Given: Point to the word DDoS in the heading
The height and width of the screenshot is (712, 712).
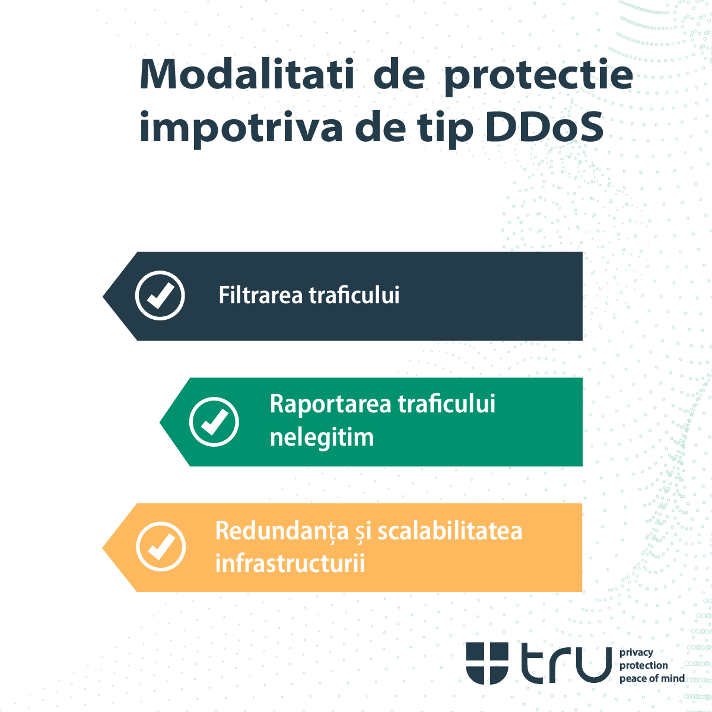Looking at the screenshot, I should click(544, 127).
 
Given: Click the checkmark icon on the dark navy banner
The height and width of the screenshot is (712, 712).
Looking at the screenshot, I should click(160, 295).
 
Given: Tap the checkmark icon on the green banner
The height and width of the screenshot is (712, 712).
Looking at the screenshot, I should click(214, 422).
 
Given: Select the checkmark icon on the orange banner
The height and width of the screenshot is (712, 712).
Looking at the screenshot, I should click(161, 546).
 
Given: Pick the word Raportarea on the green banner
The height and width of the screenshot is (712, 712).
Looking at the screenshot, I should click(330, 405).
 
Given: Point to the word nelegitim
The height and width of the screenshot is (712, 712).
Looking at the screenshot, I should click(322, 438).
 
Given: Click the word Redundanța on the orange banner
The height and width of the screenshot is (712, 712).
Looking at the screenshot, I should click(282, 531).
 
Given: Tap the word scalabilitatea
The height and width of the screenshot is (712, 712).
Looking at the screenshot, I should click(450, 530).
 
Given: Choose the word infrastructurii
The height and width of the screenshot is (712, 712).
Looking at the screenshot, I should click(290, 563).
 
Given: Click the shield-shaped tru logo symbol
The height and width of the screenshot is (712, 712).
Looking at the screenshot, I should click(487, 663).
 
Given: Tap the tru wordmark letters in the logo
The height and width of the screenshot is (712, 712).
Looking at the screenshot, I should click(566, 663).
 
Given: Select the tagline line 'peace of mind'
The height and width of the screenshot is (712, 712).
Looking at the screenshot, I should click(651, 678).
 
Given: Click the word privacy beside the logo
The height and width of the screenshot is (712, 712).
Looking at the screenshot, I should click(636, 653).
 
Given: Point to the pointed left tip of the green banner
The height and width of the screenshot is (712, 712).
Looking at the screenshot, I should click(162, 422).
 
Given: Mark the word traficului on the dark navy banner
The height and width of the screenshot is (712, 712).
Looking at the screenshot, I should click(354, 295).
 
